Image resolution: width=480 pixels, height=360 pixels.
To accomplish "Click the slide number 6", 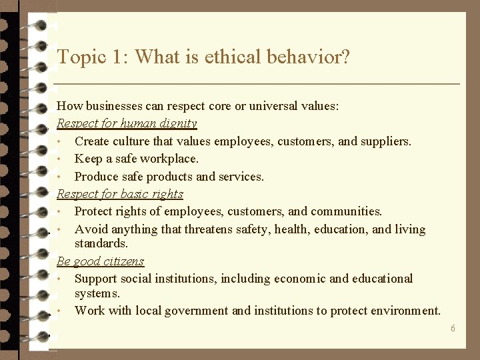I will pyautogui.click(x=453, y=328).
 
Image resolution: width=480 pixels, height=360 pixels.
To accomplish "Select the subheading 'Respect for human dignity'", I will pyautogui.click(x=127, y=123).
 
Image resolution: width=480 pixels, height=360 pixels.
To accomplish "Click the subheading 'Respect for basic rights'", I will pyautogui.click(x=120, y=194).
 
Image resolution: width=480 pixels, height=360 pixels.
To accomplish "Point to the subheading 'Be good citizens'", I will pyautogui.click(x=101, y=261).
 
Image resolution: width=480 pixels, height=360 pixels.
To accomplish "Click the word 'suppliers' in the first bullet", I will pyautogui.click(x=386, y=141).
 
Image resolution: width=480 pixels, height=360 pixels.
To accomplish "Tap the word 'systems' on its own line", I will pyautogui.click(x=97, y=293).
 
